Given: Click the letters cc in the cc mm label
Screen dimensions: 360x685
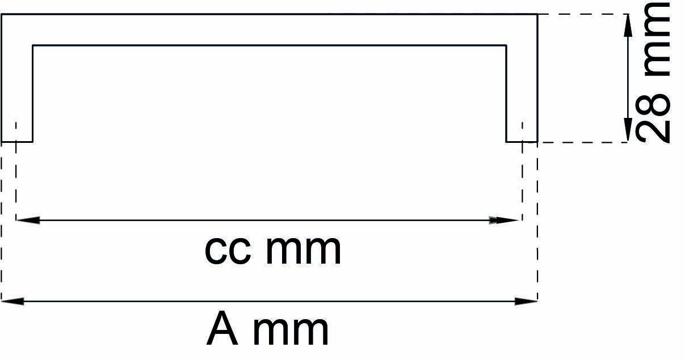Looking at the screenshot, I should coord(227,250).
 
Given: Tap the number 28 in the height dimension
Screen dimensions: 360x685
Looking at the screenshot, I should coord(654,120).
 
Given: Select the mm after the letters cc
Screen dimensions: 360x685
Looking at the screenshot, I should coord(303,250).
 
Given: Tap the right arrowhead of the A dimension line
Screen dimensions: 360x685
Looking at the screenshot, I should coord(526,301).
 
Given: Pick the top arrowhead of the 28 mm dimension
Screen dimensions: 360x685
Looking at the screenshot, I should coord(628,25).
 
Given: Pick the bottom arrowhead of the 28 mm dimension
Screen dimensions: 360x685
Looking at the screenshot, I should coord(628,130).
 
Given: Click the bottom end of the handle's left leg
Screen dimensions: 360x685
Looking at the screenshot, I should coord(16,141).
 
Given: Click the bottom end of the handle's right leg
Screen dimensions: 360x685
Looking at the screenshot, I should coord(522,141).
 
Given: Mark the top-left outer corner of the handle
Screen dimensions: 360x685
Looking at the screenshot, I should coord(2,14).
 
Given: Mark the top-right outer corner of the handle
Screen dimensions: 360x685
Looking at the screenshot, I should coord(537,14).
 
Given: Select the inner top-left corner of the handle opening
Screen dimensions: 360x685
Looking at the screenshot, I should coord(32,45).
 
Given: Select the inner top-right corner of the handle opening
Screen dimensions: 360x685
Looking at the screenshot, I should coord(506,45).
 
